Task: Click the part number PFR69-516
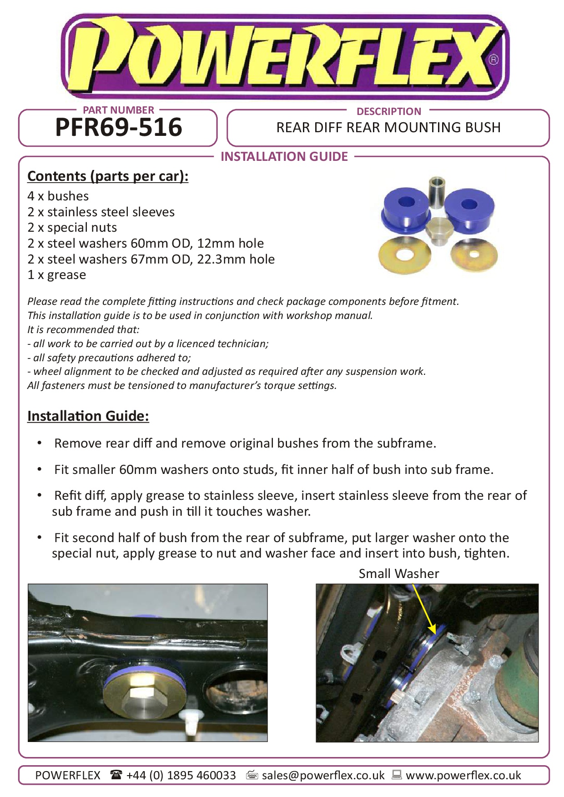118,128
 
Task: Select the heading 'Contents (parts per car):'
108,176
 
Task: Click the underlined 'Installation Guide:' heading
88,416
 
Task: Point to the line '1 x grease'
56,275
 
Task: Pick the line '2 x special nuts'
72,228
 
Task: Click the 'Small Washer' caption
398,574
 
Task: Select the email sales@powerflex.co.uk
323,776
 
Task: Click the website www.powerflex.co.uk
463,776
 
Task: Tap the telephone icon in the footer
116,775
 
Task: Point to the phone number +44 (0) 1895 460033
181,776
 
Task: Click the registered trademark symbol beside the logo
494,60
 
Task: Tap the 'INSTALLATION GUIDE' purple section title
284,157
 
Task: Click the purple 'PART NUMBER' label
118,110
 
